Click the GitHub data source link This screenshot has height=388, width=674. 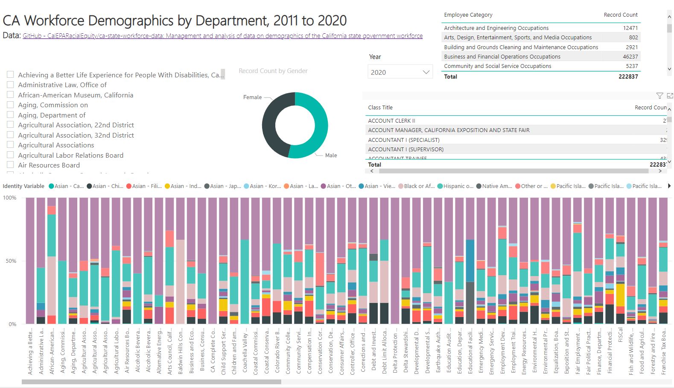point(222,36)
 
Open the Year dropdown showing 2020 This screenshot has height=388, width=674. point(400,72)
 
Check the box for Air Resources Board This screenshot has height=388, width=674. point(10,165)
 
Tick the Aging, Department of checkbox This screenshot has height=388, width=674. point(10,115)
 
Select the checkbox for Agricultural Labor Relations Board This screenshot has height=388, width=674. point(10,155)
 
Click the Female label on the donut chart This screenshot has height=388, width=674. point(252,97)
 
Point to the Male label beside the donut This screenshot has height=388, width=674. point(331,156)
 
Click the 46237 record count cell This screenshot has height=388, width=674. point(630,56)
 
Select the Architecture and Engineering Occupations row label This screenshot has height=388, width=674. point(496,28)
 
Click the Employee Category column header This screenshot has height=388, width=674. point(468,15)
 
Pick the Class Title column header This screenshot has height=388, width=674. point(380,108)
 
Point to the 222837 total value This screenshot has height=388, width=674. point(628,77)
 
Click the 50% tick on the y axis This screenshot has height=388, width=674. point(11,261)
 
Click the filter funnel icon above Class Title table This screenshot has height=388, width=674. point(659,96)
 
